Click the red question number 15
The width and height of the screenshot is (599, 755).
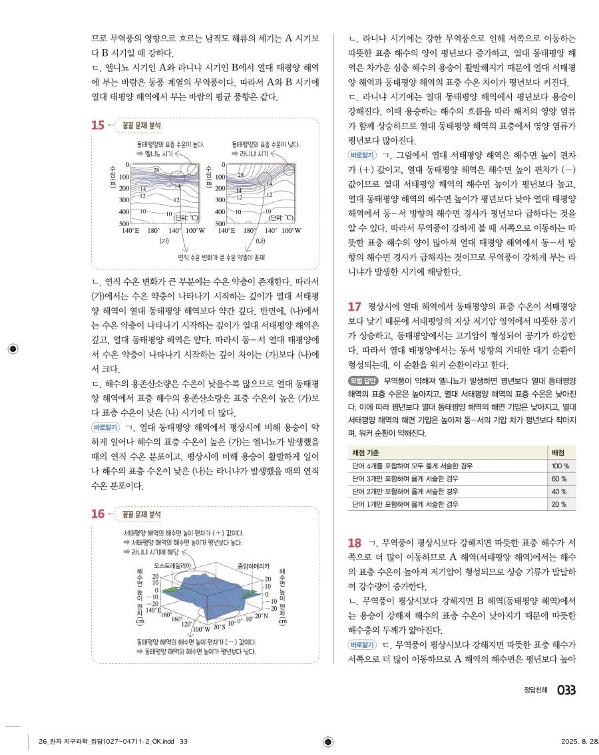pyautogui.click(x=98, y=126)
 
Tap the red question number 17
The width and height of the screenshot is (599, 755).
pyautogui.click(x=355, y=307)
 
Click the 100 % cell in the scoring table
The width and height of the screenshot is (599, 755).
pyautogui.click(x=560, y=466)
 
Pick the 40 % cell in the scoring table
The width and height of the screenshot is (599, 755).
pyautogui.click(x=559, y=491)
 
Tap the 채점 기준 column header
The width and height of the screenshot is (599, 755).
pyautogui.click(x=366, y=452)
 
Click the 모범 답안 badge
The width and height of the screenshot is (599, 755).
pyautogui.click(x=363, y=381)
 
